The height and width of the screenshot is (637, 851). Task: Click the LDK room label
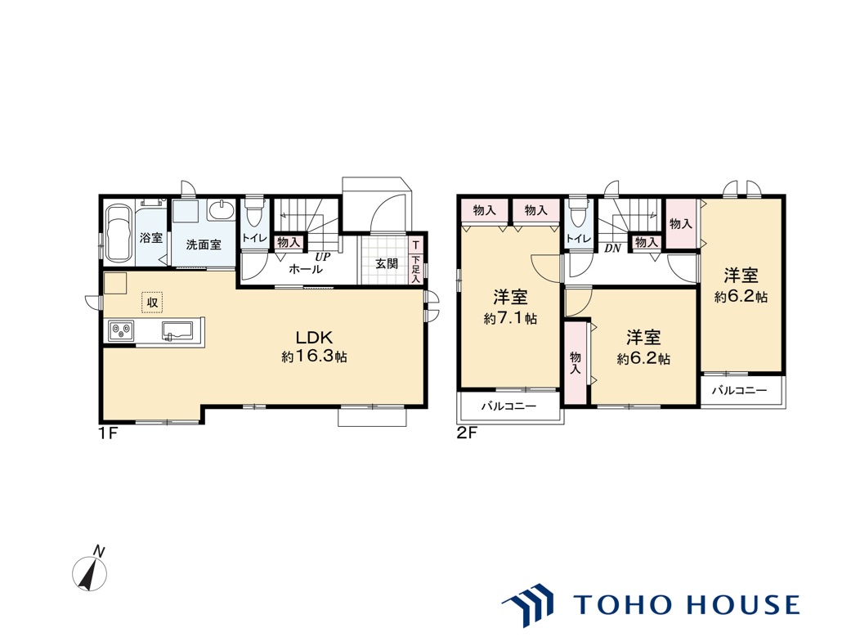[313, 337]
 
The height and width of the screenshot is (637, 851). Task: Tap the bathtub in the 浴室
[119, 232]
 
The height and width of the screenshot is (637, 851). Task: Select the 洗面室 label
[204, 245]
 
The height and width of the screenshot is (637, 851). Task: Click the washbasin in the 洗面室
[222, 210]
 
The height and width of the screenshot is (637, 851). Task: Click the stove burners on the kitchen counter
[122, 330]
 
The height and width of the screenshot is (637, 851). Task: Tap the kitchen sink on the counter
[177, 330]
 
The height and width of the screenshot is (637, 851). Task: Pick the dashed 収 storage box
[153, 302]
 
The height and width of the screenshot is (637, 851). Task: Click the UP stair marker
[322, 258]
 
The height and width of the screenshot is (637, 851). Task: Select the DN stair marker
[613, 249]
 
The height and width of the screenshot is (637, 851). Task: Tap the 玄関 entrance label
[387, 264]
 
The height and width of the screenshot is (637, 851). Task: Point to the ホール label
[306, 269]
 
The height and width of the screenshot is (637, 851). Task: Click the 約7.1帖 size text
[510, 318]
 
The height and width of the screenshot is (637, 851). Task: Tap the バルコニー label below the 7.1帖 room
[508, 406]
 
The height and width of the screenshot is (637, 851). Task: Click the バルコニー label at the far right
[739, 390]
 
